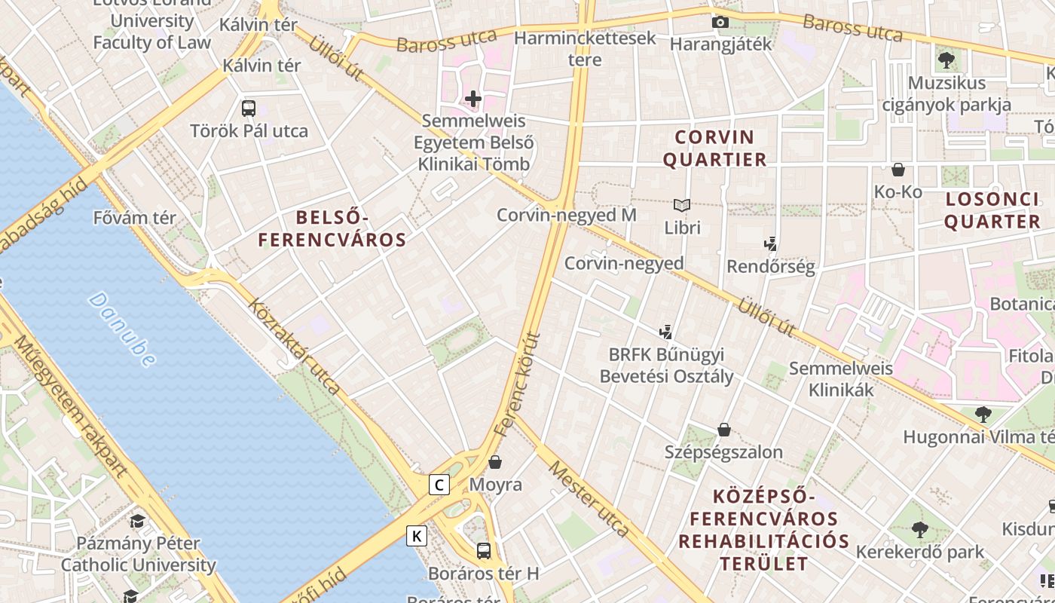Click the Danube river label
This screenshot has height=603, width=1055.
122,329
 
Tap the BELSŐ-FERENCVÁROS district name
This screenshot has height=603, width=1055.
332,229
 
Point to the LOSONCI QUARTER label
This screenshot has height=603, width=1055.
992,210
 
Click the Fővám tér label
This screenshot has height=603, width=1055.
134,218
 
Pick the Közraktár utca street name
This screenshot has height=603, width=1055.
294,346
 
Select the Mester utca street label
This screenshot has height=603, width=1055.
589,498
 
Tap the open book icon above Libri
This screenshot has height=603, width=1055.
682,205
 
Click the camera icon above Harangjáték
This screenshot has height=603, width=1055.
720,22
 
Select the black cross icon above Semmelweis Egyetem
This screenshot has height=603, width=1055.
473,99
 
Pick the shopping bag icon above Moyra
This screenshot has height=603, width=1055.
495,461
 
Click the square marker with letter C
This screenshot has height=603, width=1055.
439,485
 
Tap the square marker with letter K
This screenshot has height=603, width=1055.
416,536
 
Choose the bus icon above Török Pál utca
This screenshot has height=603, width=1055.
249,109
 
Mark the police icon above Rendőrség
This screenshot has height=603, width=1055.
770,244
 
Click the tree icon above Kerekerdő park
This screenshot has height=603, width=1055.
919,530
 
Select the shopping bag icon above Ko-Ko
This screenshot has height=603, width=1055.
898,170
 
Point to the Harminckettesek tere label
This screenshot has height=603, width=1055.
585,48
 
